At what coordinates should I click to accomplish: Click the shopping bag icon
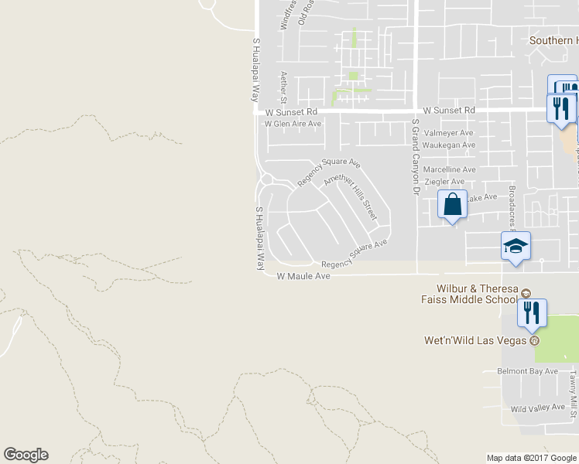tap(453, 205)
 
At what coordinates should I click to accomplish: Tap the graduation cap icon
tap(516, 247)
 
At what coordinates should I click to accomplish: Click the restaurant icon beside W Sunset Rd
tap(561, 107)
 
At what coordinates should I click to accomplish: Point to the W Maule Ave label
tap(303, 276)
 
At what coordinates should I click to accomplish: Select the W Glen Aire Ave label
tap(293, 124)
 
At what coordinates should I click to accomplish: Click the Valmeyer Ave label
tap(451, 133)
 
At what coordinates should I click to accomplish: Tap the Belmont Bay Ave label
tap(528, 371)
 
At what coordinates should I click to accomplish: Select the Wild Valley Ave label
tap(538, 408)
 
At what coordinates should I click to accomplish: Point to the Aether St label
tap(284, 87)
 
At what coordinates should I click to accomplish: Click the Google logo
tap(26, 455)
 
